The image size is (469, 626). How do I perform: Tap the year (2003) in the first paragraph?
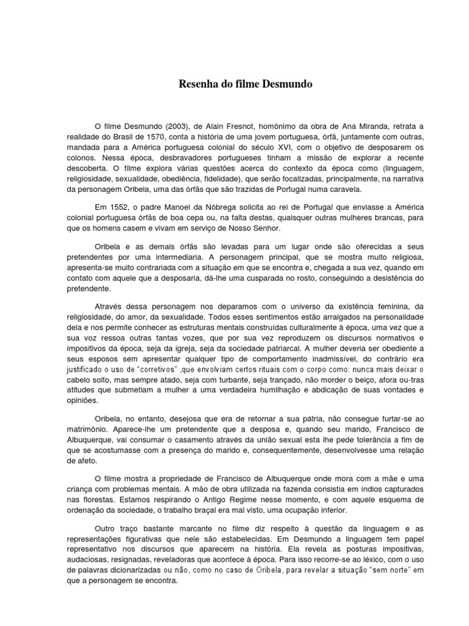tap(162, 125)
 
